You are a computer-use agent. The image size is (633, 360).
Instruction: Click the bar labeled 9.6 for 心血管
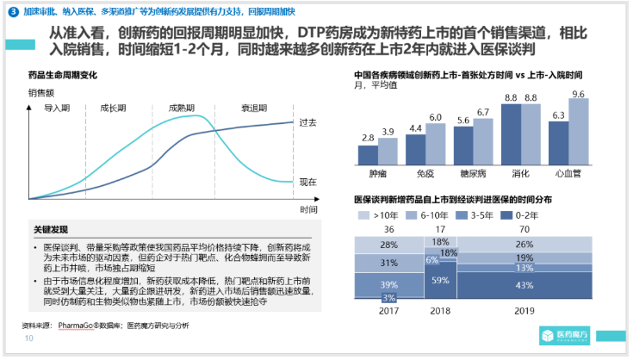pyautogui.click(x=578, y=131)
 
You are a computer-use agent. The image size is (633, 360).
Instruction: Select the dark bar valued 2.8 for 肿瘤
pyautogui.click(x=368, y=155)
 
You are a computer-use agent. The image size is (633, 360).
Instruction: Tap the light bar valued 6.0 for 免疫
pyautogui.click(x=436, y=143)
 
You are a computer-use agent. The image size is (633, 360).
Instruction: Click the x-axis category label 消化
pyautogui.click(x=522, y=173)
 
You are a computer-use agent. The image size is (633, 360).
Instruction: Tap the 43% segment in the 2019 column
pyautogui.click(x=547, y=284)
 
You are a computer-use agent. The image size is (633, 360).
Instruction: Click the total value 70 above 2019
pyautogui.click(x=547, y=228)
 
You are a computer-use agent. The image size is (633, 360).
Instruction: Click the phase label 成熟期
pyautogui.click(x=183, y=109)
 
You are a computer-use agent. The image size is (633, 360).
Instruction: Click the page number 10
pyautogui.click(x=28, y=339)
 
